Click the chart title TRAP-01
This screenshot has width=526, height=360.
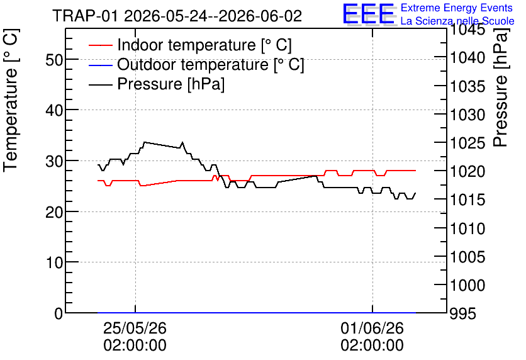[85, 16]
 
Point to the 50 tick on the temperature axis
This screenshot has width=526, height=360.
[54, 60]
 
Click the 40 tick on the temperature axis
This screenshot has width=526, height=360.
[54, 110]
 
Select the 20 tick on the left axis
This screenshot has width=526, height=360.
[54, 212]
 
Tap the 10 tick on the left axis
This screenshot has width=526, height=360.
[54, 262]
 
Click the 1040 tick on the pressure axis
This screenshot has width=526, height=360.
[467, 58]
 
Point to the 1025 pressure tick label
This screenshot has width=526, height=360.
[467, 143]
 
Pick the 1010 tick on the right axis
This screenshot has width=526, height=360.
[467, 229]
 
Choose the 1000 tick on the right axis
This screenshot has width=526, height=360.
[467, 285]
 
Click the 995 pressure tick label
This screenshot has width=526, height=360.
[463, 314]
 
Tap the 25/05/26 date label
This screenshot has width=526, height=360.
[135, 328]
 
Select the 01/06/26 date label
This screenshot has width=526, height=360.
[372, 328]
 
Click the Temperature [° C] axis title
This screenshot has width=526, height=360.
[11, 100]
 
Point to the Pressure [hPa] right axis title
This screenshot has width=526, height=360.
[501, 87]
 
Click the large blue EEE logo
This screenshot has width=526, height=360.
[368, 13]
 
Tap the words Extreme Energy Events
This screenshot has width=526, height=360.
[457, 8]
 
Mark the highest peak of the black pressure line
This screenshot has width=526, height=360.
[145, 142]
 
